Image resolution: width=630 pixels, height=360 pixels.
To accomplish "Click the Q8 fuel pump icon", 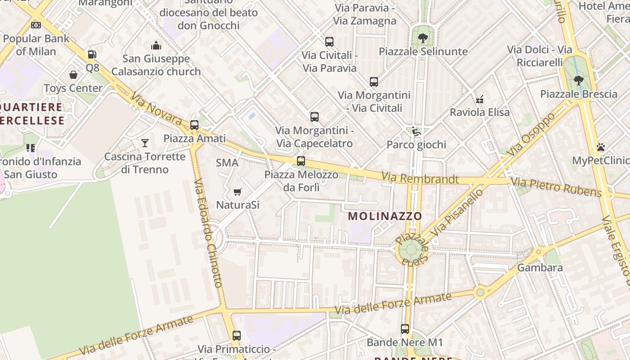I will pos(92,55).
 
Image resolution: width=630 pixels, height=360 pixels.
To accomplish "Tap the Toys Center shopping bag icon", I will pos(73,75).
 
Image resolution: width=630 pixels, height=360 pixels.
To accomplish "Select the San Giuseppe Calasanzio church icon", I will pos(156,45).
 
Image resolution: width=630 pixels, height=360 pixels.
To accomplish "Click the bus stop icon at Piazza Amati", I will pos(194,125).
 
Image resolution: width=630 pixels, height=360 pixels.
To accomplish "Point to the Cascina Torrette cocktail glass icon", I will pos(144,143).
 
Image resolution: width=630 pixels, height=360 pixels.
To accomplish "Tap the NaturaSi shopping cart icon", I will pos(238,192).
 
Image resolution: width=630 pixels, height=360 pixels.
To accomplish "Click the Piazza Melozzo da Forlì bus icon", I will pos(301,161).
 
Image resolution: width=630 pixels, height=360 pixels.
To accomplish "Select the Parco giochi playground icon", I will pos(416,131).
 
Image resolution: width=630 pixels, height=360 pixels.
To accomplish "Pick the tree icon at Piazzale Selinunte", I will pos(423,38).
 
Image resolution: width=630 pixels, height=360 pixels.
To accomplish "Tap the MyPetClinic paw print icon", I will pos(600,147).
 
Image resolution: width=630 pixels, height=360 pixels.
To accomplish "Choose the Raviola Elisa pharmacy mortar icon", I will pos(480,99).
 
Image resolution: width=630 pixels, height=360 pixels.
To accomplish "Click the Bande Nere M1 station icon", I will pos(405,329).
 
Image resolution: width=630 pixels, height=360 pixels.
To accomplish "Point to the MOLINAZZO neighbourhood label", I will pos(385,216).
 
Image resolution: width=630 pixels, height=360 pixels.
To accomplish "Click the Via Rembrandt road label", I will pos(420,179).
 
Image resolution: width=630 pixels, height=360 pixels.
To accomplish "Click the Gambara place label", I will pos(540,268).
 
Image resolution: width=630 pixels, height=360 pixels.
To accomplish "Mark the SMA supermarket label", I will pos(227,163).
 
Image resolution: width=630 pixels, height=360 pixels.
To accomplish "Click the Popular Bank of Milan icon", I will pos(36,25).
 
